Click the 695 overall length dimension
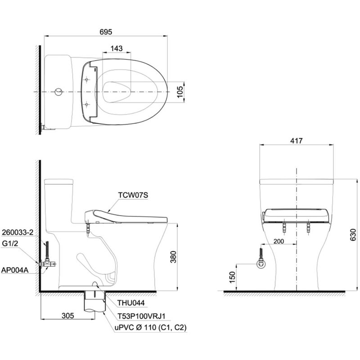(x=106, y=31)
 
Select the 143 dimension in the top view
(x=117, y=49)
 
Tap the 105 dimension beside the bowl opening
(x=180, y=92)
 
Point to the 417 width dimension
(x=297, y=140)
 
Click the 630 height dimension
(x=354, y=235)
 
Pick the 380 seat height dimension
(x=173, y=256)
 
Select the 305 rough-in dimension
(x=68, y=316)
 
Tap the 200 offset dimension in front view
(x=279, y=241)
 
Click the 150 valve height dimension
(x=232, y=277)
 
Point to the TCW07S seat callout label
(x=133, y=195)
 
